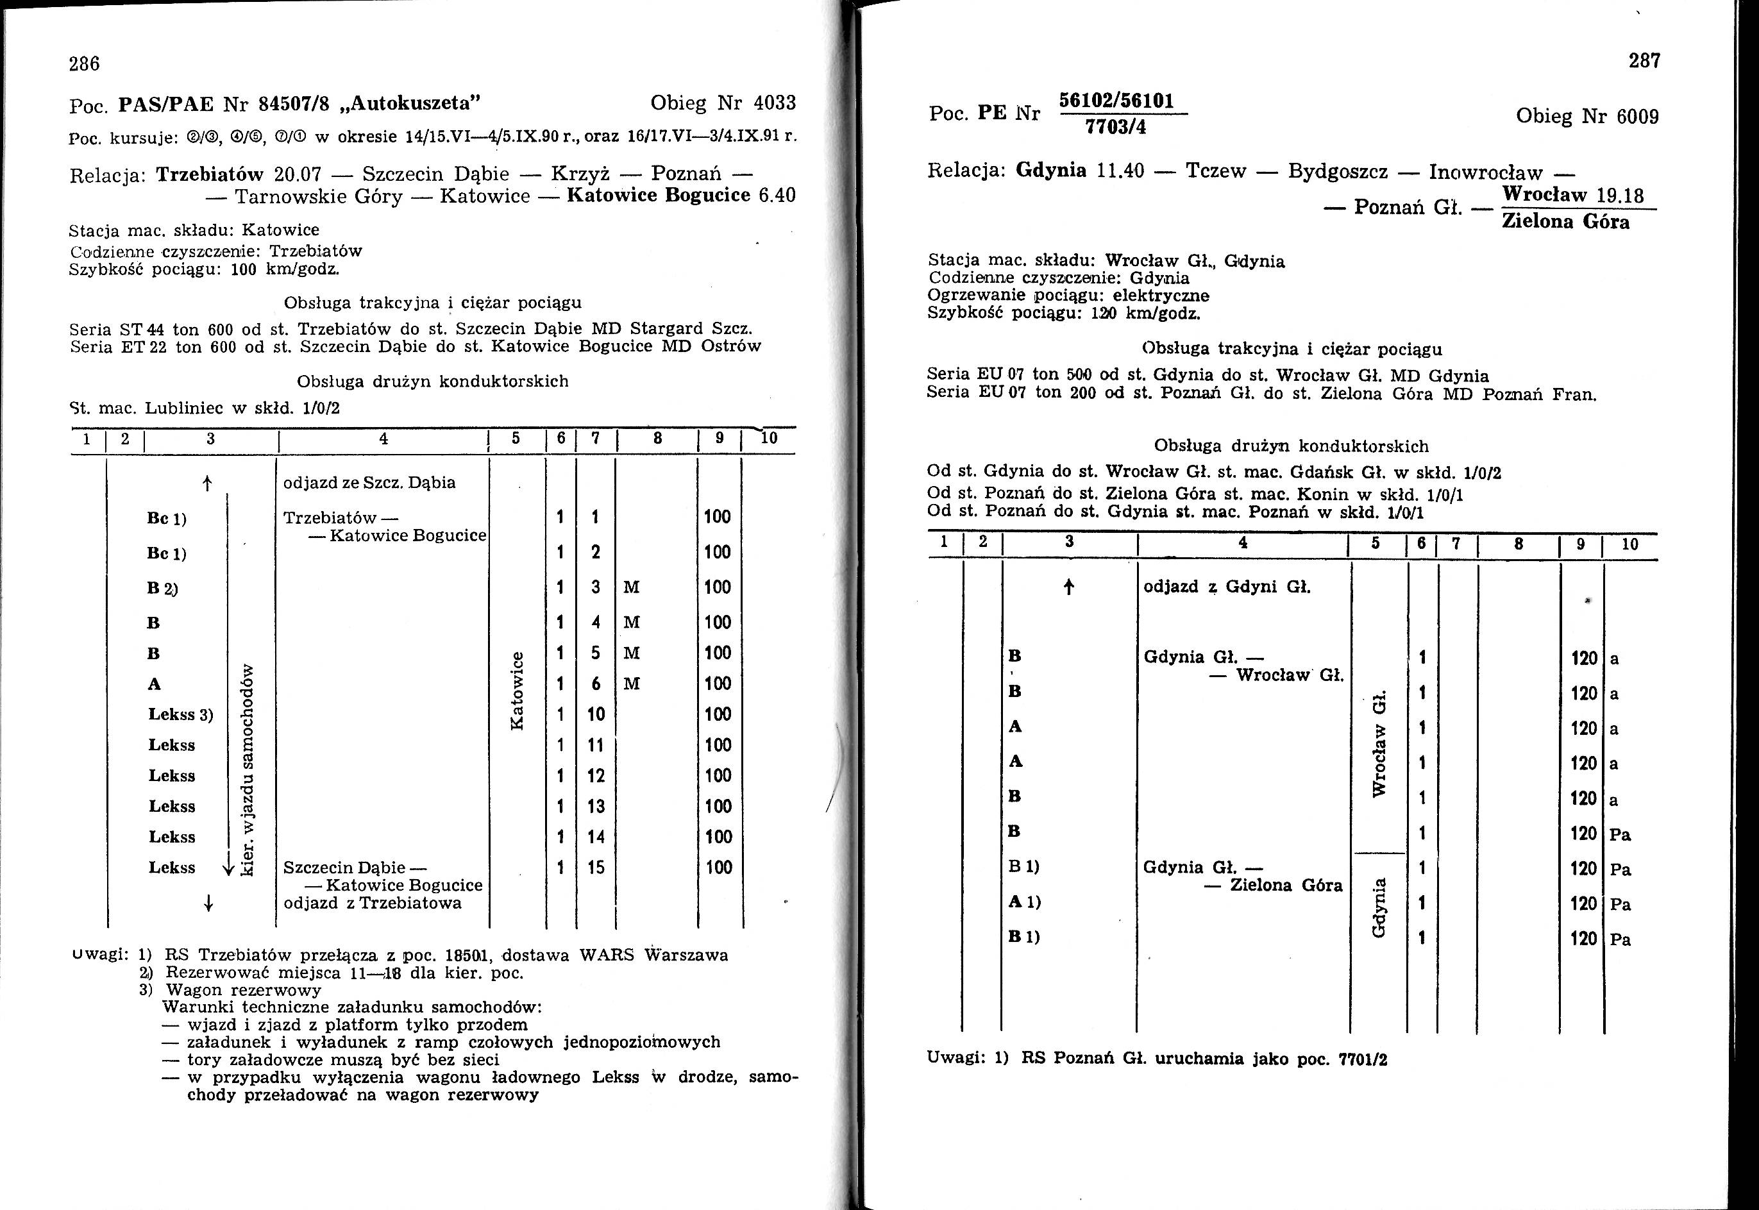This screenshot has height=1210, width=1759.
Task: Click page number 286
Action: pos(84,63)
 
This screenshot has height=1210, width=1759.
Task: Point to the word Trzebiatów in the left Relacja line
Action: pos(209,174)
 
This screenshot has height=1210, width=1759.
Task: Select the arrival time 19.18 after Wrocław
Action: pos(1619,196)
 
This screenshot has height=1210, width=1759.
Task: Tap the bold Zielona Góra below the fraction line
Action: pos(1566,221)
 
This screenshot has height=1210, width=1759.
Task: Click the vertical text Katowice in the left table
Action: pos(517,690)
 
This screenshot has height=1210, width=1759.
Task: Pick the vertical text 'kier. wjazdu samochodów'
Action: pos(246,770)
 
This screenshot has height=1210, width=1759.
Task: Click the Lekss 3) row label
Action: pos(180,714)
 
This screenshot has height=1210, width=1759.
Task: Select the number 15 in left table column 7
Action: pos(596,868)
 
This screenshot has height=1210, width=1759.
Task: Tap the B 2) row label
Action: pos(162,587)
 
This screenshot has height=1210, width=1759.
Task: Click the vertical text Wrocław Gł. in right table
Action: pos(1380,743)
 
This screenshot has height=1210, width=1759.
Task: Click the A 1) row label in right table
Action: pos(1023,902)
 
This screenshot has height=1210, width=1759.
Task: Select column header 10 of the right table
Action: pos(1630,544)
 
